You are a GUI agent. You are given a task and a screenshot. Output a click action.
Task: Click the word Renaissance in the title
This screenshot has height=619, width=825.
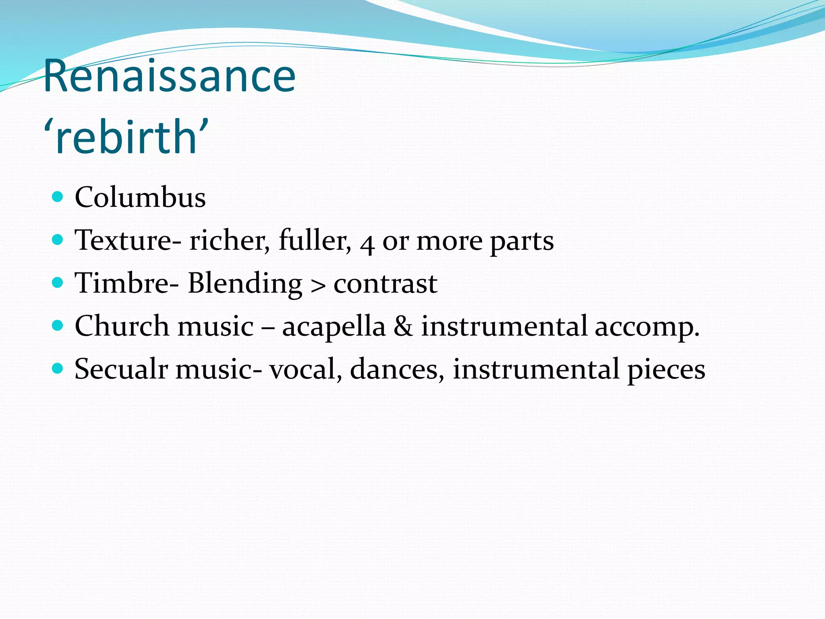[169, 76]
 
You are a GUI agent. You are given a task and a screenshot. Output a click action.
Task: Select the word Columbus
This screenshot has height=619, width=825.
[140, 197]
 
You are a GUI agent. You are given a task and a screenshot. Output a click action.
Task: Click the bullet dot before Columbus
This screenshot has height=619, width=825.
[58, 197]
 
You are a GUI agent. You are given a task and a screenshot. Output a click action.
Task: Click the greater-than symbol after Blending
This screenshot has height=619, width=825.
[318, 285]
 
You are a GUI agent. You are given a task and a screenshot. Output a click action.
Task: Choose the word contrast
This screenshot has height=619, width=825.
[386, 284]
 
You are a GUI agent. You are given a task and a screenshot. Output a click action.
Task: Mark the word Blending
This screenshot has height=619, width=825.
[245, 284]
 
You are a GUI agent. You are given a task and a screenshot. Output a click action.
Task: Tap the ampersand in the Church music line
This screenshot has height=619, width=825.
[403, 326]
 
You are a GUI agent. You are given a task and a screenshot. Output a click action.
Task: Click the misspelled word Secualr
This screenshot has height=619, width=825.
[121, 369]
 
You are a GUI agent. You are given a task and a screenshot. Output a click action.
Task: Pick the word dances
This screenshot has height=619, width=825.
[397, 369]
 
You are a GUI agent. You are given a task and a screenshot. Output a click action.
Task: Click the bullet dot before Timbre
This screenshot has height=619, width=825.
[58, 282]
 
